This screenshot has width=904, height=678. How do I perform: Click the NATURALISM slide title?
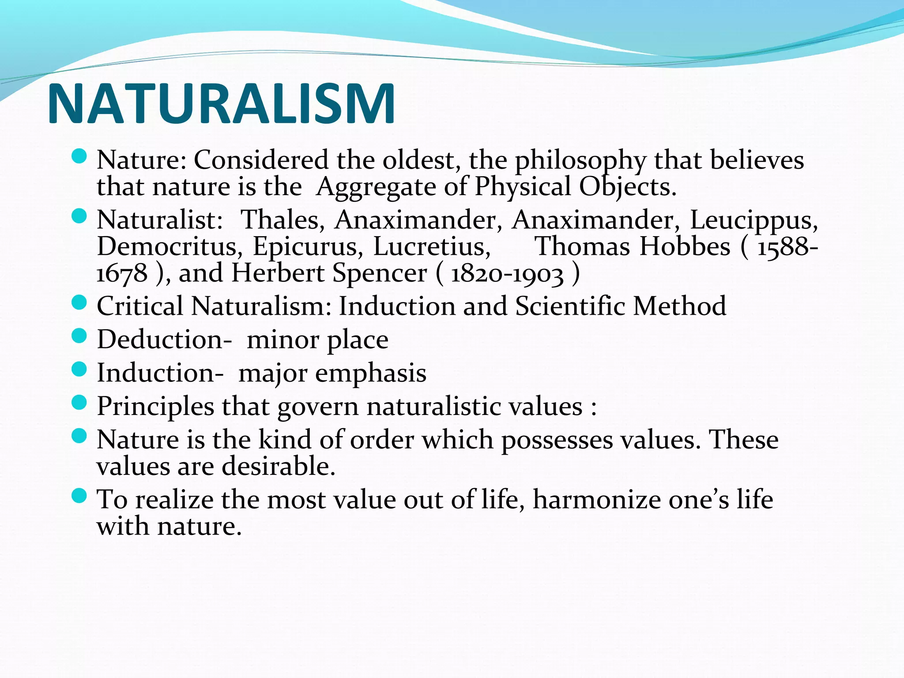coord(221,104)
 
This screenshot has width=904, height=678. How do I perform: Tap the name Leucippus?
coord(754,220)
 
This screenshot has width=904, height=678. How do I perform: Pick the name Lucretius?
coord(432,246)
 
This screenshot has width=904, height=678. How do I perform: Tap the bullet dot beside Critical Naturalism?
coord(79,302)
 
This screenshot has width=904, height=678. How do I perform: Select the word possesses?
coord(557,441)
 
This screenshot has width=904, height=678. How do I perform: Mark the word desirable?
coord(278,467)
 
